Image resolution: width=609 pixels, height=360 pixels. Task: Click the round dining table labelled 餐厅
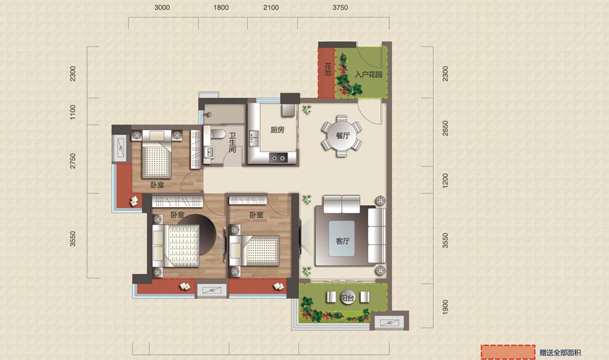point(342,135)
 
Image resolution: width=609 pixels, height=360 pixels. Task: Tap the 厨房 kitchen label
point(277,130)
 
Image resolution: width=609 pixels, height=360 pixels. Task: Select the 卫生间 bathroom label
point(232,143)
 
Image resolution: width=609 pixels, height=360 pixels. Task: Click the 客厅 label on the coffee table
point(342,241)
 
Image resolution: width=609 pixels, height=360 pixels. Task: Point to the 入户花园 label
point(369,74)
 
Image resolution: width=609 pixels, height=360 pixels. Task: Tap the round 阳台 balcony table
point(348,298)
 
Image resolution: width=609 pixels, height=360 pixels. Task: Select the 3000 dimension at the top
point(162,7)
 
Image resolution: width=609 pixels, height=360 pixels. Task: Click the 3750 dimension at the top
point(340,7)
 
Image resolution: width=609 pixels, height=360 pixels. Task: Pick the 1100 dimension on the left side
point(72,112)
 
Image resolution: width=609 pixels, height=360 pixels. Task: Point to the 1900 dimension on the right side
point(445,307)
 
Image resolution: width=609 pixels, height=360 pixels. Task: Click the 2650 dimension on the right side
point(445,128)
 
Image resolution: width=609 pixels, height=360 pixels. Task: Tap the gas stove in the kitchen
point(279,158)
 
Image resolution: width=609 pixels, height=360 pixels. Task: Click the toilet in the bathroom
point(217,133)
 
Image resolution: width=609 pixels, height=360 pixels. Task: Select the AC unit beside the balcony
point(389,323)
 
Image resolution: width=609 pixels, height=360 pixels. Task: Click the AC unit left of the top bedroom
point(120,148)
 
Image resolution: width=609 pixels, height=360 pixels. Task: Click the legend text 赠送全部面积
point(560,353)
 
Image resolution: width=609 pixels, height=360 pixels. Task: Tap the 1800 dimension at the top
point(221,7)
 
